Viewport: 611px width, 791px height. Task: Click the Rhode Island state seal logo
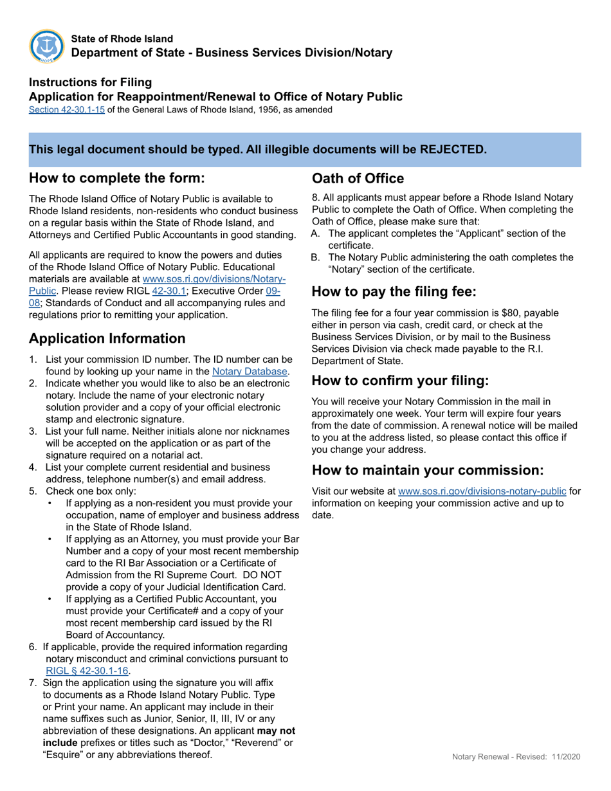pos(46,46)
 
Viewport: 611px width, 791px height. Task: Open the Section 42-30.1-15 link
pos(67,110)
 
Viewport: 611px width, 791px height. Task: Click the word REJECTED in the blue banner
pos(453,149)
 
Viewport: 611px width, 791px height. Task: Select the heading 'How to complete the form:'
pos(117,178)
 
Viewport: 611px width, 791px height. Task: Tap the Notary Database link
pos(250,371)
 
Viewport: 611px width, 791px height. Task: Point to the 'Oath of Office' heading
pos(358,178)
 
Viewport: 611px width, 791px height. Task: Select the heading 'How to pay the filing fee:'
pos(394,291)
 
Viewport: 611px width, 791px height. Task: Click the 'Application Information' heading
pos(107,338)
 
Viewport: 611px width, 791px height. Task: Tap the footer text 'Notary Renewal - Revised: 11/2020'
pos(516,757)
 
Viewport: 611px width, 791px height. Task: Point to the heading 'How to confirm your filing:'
pos(400,380)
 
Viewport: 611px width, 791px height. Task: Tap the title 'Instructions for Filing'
pos(90,82)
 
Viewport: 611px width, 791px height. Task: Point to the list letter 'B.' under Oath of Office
pos(316,257)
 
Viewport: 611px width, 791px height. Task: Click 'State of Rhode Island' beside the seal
pos(122,39)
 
